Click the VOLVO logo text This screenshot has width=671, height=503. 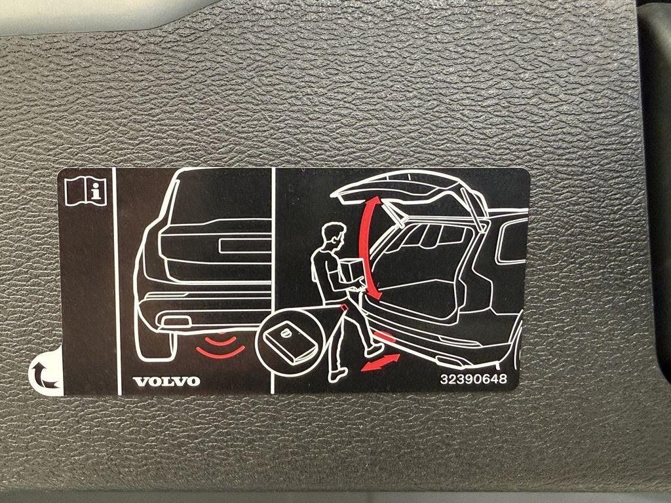[166, 381]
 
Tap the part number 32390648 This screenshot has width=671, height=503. [473, 379]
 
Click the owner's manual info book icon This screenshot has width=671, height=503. [86, 191]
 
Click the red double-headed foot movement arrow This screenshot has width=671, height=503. [381, 362]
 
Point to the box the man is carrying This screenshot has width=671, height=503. [352, 271]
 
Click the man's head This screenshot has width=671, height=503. [334, 236]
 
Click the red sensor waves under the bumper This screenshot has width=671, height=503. [220, 345]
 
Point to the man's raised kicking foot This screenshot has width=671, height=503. [374, 350]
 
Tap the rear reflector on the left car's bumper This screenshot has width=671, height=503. [176, 321]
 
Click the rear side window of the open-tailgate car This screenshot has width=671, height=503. [511, 241]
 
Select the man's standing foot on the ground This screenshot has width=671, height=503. [337, 375]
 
